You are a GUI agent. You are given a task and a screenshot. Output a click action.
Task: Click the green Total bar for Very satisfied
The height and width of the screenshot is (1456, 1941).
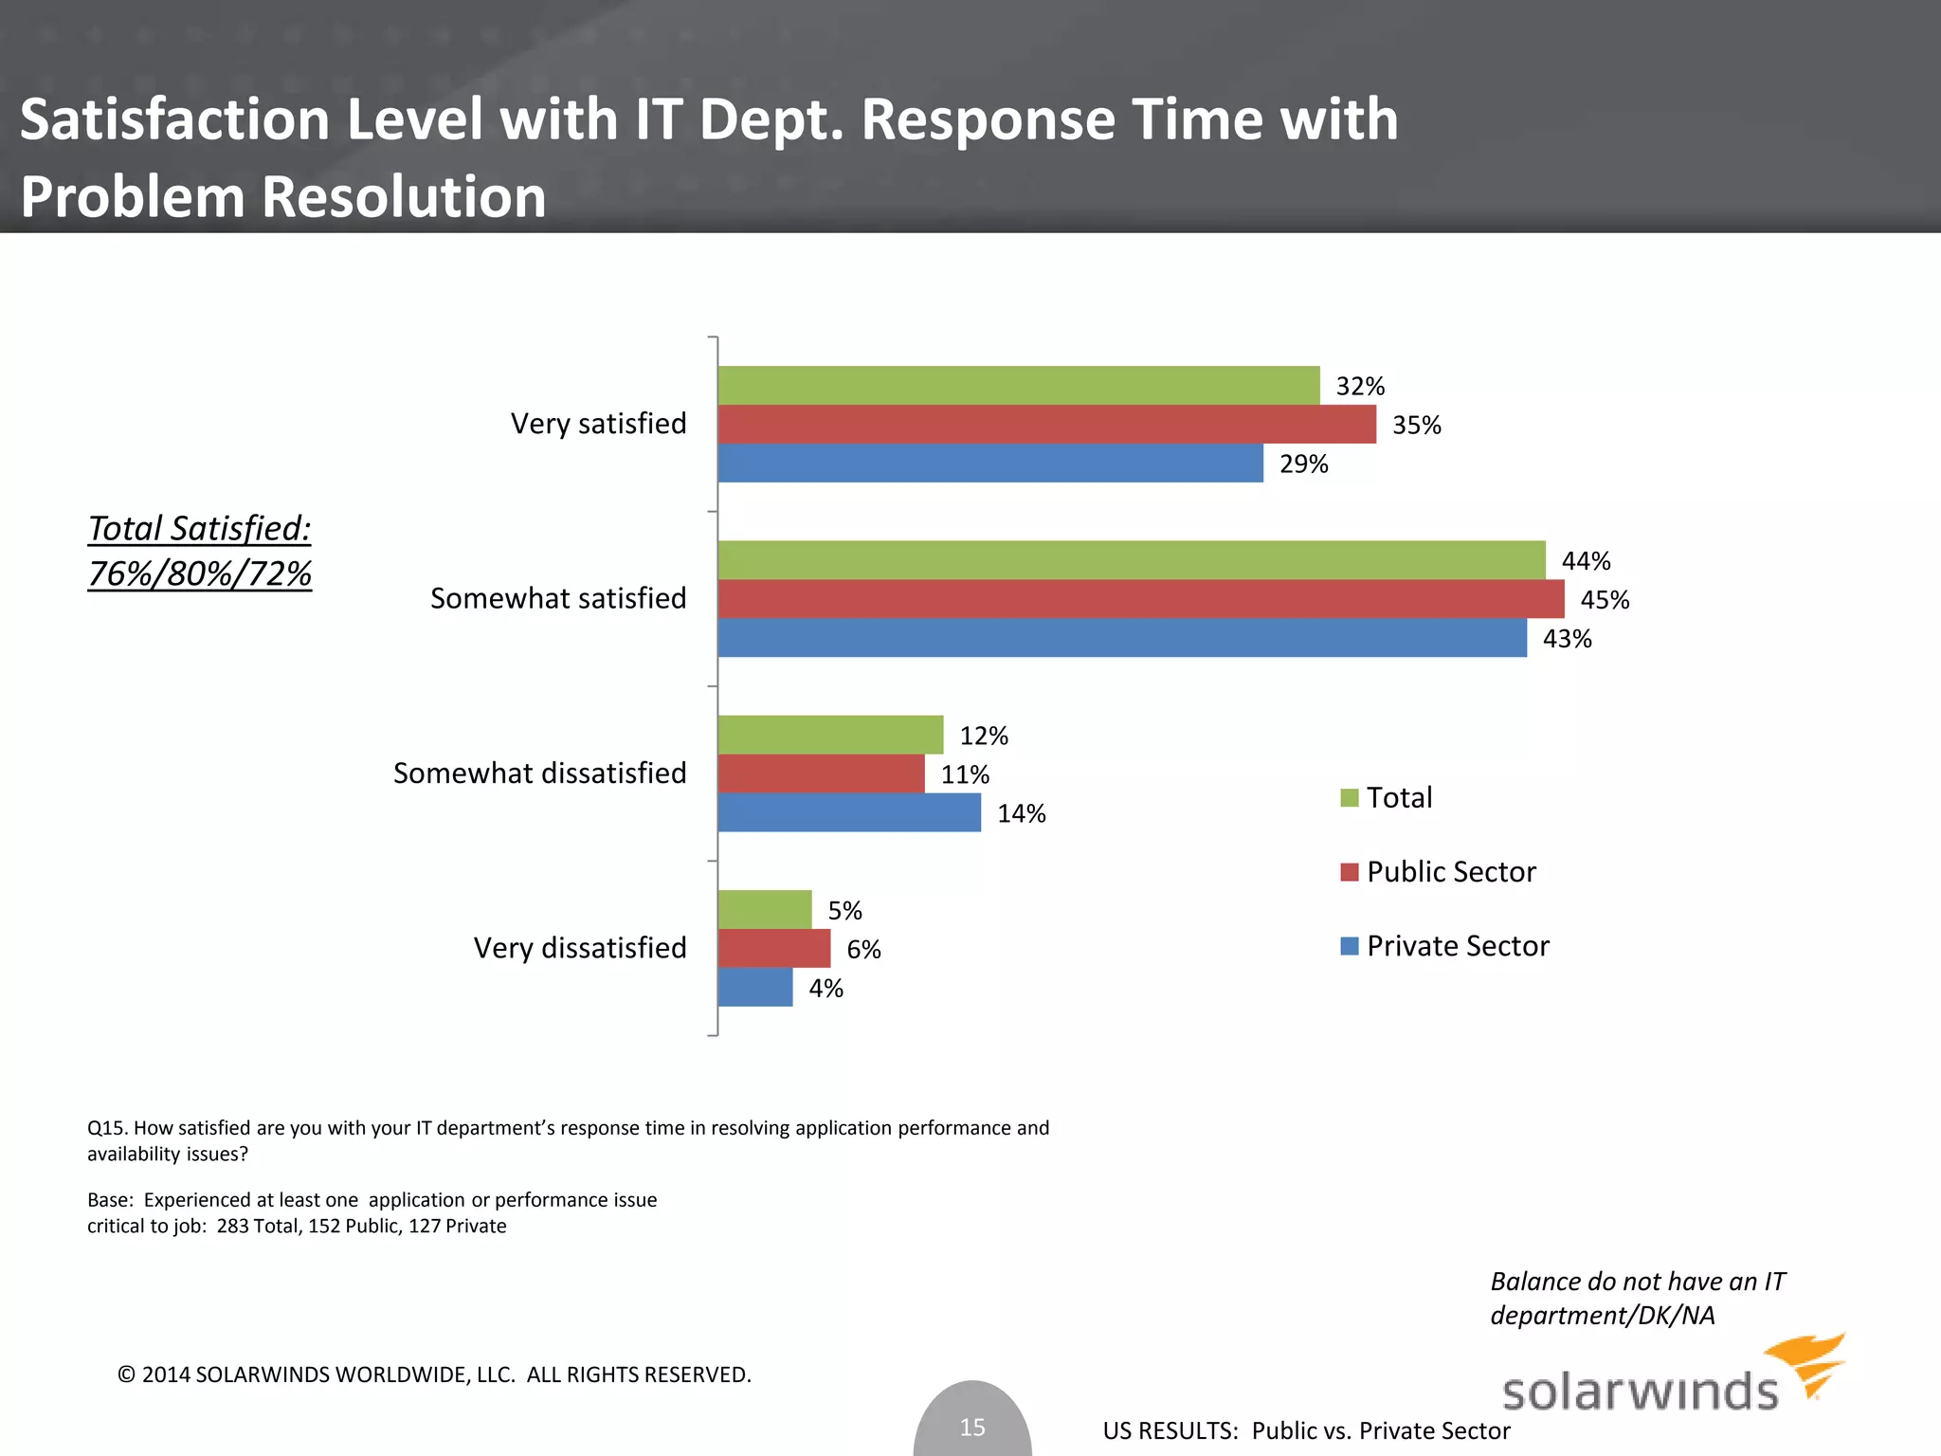(1019, 386)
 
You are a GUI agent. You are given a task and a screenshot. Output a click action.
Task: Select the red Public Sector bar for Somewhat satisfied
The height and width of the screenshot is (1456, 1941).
(1141, 599)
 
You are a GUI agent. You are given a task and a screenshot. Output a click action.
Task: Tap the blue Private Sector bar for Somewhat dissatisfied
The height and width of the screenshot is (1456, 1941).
(849, 812)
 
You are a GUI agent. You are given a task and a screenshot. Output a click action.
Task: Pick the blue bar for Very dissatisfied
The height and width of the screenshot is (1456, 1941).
(755, 987)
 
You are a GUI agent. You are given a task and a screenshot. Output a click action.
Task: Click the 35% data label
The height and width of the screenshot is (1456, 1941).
(1416, 426)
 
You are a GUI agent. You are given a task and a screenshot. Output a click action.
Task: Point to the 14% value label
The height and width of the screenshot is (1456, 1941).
(1021, 814)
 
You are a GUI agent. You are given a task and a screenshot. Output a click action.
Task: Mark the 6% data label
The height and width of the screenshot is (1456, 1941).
(863, 950)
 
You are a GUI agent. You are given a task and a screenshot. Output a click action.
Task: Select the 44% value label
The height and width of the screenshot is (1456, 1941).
(1586, 561)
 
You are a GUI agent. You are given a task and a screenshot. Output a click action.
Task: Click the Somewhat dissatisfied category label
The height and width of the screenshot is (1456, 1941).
(539, 773)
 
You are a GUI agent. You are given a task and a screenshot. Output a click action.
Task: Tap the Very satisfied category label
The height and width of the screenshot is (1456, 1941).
(598, 424)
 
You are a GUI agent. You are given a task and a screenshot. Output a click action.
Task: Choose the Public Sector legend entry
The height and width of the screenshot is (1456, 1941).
(1450, 872)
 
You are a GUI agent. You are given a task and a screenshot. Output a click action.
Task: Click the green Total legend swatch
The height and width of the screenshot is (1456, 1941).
(1350, 798)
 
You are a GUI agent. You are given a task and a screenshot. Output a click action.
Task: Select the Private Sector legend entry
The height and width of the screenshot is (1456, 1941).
(1457, 946)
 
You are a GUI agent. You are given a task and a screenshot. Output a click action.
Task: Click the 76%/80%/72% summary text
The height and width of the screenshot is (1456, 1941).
(200, 574)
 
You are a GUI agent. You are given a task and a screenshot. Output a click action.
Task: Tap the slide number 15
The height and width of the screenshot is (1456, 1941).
(972, 1427)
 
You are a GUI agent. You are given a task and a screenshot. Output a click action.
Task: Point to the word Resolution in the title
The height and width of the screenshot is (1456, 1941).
(403, 197)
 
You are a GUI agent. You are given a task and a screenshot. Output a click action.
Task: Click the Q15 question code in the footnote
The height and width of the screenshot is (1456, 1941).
(108, 1128)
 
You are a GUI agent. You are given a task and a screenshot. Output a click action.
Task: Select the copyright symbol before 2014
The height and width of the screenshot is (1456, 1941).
(127, 1374)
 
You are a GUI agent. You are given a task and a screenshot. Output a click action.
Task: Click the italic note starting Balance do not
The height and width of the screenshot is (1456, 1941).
(1637, 1298)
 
